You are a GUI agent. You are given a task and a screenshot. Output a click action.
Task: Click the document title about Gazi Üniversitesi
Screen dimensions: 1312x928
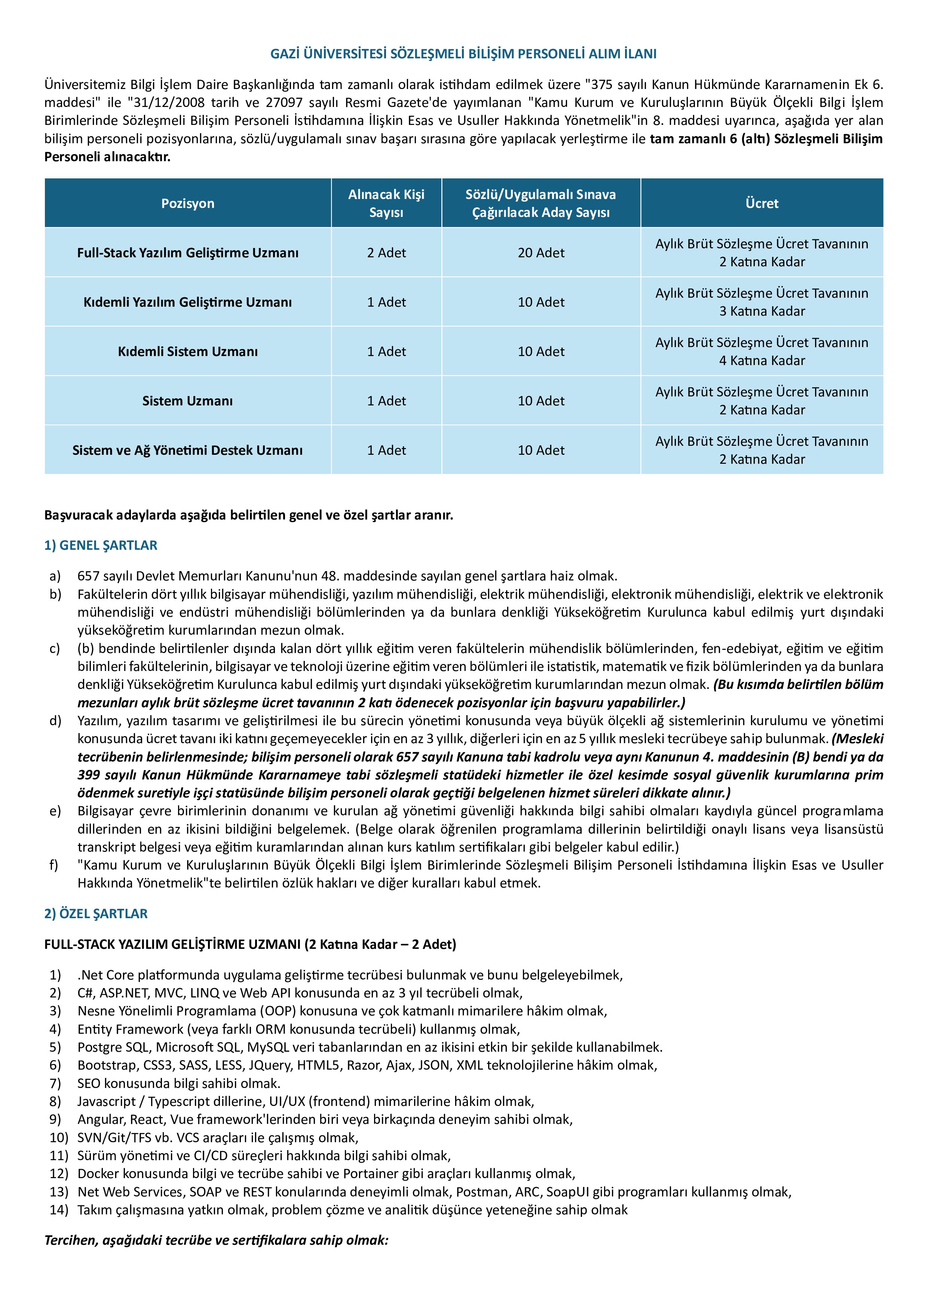coord(463,54)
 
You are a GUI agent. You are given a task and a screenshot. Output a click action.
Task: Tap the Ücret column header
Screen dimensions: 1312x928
coord(762,203)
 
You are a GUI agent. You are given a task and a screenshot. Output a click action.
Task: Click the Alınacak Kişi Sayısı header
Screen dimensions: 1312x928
coord(386,203)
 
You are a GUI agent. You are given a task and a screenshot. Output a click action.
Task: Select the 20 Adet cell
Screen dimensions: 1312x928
coord(540,252)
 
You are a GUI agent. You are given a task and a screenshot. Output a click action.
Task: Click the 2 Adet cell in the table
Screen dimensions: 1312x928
coord(386,252)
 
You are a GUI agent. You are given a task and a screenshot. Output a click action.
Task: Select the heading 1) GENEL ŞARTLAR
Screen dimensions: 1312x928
coord(101,545)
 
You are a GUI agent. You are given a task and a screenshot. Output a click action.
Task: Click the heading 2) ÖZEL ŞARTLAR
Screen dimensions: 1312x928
coord(96,914)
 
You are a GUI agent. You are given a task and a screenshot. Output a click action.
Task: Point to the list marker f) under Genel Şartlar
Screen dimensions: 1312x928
coord(54,865)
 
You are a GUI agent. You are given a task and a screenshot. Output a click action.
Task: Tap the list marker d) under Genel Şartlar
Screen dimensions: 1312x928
coord(55,721)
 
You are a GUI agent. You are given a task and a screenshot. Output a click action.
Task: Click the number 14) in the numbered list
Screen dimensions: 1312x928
coord(58,1210)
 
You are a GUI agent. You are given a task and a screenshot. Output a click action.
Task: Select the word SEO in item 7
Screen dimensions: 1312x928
coord(89,1083)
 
